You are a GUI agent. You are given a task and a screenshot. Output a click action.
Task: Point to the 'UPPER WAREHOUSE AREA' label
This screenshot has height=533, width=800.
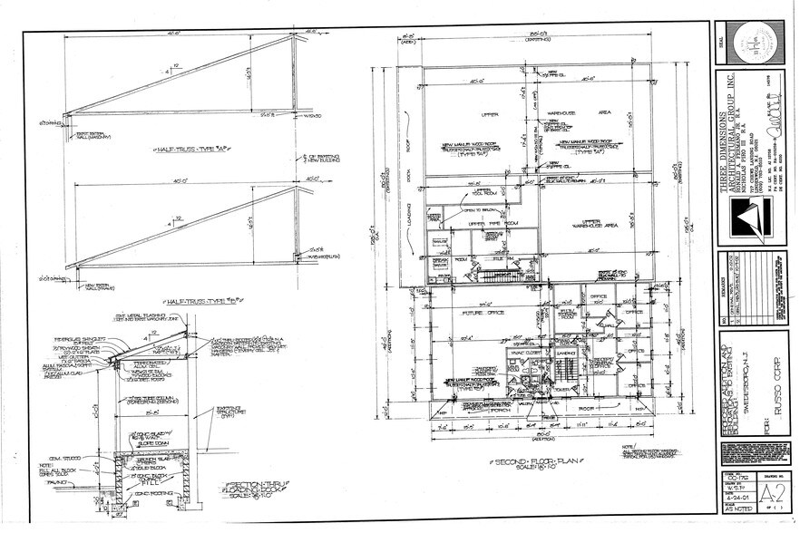point(599,221)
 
